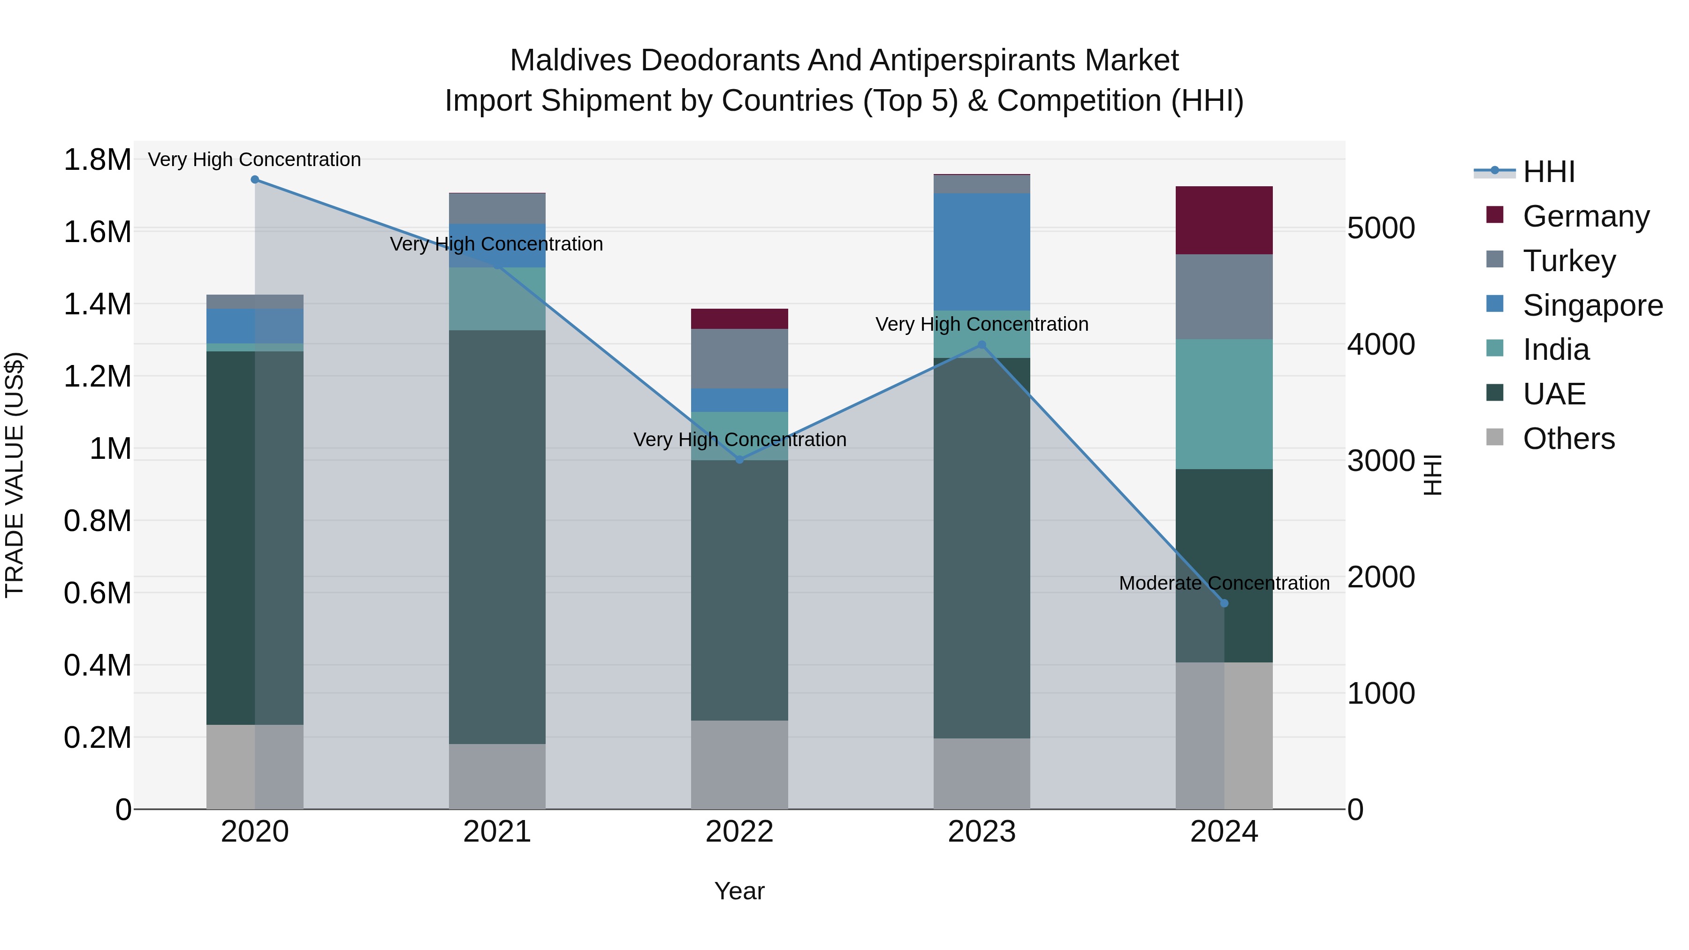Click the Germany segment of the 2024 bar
click(x=1224, y=220)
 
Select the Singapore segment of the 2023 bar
click(x=981, y=252)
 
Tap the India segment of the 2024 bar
click(x=1224, y=404)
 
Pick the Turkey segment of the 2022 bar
click(x=739, y=358)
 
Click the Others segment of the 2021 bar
click(x=497, y=776)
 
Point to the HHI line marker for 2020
click(x=255, y=180)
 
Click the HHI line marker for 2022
click(x=739, y=460)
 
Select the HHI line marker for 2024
click(x=1224, y=603)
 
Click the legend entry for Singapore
click(x=1592, y=305)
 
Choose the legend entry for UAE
click(x=1554, y=394)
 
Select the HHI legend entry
click(x=1548, y=172)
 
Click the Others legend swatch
click(x=1494, y=437)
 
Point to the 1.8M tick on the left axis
click(x=97, y=160)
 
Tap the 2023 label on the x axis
click(x=981, y=832)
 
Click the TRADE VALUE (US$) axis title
click(x=15, y=475)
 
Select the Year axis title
click(x=739, y=891)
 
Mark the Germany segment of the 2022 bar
click(x=739, y=319)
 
